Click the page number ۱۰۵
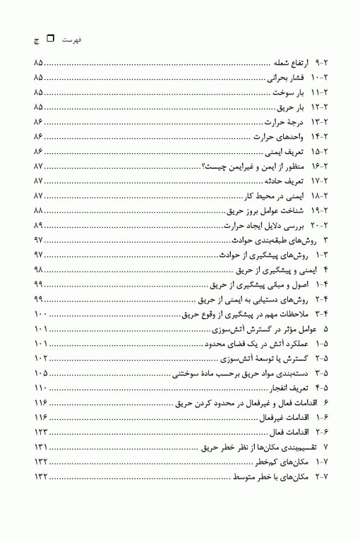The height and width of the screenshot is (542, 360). click(x=40, y=372)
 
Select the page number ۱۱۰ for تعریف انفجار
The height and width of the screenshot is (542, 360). click(x=40, y=387)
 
